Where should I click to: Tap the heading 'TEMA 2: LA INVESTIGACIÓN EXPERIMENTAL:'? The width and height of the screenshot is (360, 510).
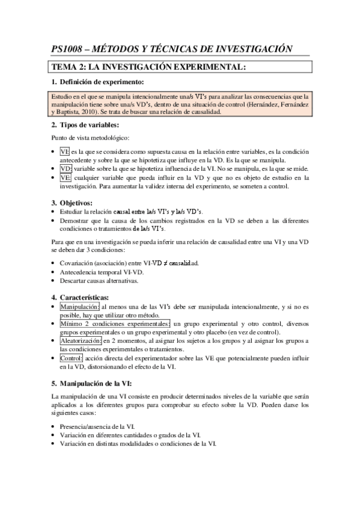pyautogui.click(x=148, y=67)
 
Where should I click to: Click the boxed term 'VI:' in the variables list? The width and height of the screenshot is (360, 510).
pyautogui.click(x=65, y=152)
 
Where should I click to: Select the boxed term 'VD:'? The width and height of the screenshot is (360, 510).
pyautogui.click(x=66, y=169)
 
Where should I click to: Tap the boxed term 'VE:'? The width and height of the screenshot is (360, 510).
pyautogui.click(x=66, y=178)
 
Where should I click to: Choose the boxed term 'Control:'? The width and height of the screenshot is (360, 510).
pyautogui.click(x=72, y=358)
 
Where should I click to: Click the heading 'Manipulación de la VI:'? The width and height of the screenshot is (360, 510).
pyautogui.click(x=95, y=382)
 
